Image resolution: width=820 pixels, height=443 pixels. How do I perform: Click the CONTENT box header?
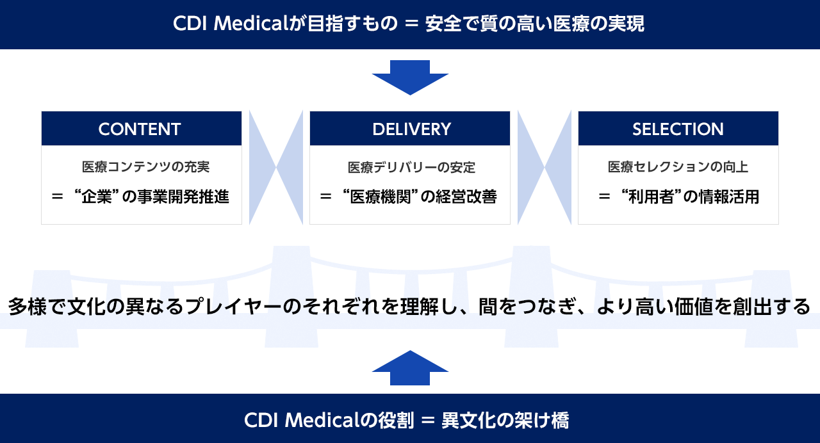click(x=142, y=129)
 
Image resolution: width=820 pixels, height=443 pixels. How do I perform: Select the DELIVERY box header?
click(x=409, y=129)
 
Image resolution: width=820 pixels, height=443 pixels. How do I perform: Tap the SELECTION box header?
click(x=678, y=129)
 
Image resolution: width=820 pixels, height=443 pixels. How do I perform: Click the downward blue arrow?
click(x=410, y=77)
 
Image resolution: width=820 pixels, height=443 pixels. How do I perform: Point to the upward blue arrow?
click(x=410, y=367)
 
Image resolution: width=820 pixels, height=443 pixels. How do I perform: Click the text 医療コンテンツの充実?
click(x=145, y=167)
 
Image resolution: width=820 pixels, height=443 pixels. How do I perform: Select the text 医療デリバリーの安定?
click(x=411, y=168)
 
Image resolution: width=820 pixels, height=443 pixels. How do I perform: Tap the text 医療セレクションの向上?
click(x=678, y=167)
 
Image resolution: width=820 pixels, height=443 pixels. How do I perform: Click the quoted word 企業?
click(x=97, y=197)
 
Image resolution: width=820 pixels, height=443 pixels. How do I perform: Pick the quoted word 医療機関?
click(x=381, y=197)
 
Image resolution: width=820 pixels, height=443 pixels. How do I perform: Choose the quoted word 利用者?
click(x=652, y=197)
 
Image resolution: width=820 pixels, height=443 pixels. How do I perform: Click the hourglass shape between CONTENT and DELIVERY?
click(x=276, y=168)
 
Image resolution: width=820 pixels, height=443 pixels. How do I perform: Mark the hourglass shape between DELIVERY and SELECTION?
click(x=545, y=168)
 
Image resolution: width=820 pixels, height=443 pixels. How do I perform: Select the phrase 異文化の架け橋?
click(x=505, y=420)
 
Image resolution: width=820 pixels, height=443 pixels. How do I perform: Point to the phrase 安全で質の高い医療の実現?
click(x=535, y=24)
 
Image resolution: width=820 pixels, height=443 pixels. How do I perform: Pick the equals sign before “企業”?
click(x=58, y=197)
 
